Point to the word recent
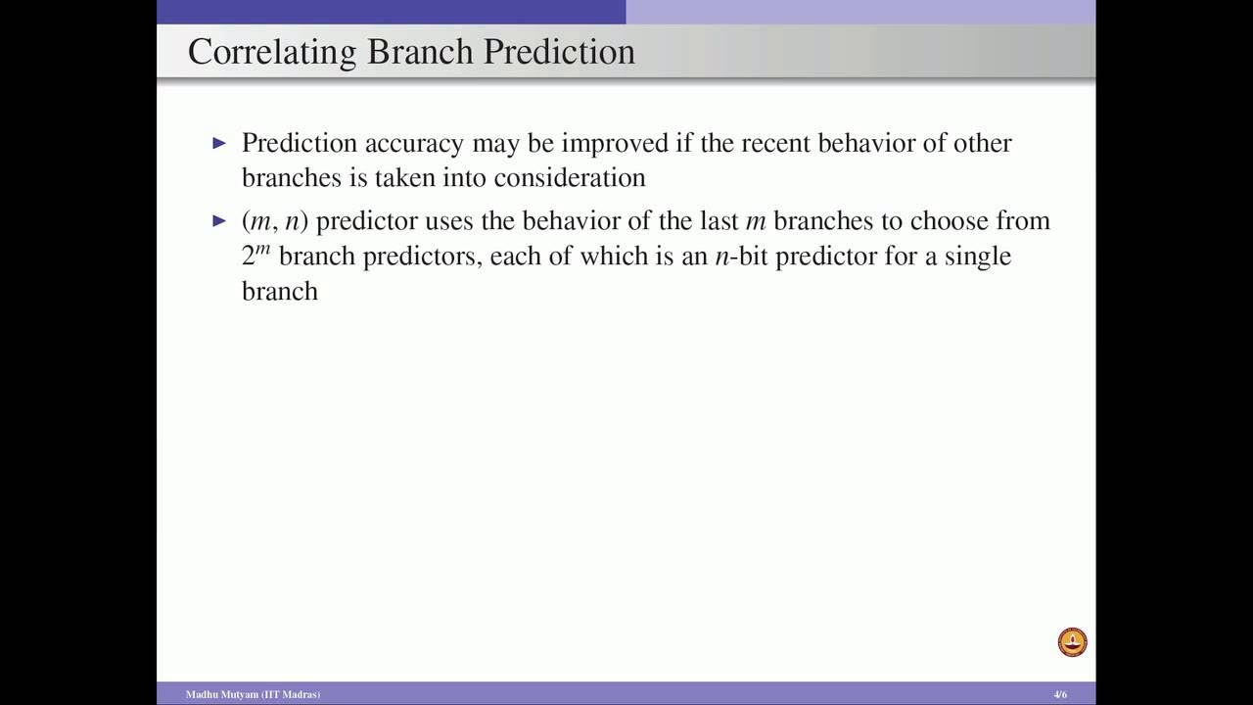775,143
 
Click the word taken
404,178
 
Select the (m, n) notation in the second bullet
275,221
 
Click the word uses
448,221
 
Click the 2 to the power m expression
255,255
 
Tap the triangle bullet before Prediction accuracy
219,143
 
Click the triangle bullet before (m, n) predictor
219,221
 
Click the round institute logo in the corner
1073,642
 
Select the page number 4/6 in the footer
1060,694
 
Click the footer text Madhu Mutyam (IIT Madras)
253,694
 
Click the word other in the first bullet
984,143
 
